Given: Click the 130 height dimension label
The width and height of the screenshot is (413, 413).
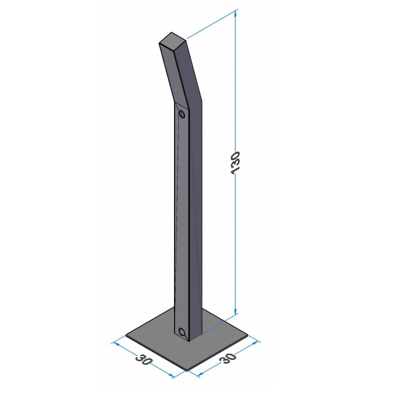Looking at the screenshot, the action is pos(235,162).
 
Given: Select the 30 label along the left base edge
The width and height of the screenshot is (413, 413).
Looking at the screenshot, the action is pos(144,360).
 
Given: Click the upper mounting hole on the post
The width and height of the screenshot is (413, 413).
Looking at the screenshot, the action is pos(182,114).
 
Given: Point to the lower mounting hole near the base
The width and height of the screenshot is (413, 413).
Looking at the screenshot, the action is pos(182,332).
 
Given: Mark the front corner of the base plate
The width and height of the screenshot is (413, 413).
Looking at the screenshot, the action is pos(187,370).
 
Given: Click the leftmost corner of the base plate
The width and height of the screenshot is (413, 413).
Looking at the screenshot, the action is pos(126,335).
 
